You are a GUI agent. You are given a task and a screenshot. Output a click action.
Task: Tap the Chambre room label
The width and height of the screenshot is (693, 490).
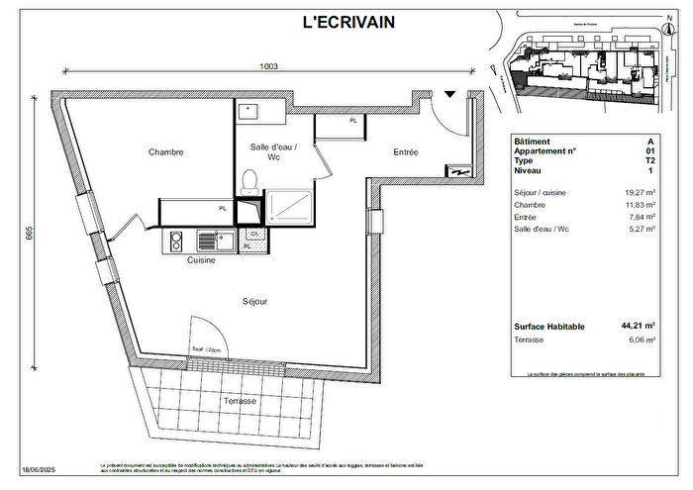click(x=166, y=152)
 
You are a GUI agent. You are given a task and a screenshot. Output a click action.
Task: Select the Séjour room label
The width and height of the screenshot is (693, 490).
click(x=255, y=301)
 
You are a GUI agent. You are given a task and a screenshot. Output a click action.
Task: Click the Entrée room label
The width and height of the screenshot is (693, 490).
click(x=406, y=152)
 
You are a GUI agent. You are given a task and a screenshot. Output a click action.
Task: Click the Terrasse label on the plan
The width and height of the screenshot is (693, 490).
click(x=239, y=401)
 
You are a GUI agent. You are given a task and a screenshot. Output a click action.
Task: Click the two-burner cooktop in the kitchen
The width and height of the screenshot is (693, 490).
click(x=175, y=241)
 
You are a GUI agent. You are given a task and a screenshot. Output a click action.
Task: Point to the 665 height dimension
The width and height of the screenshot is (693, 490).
click(x=30, y=234)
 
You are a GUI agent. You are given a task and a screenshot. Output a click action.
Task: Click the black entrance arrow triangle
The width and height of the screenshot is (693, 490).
click(x=450, y=94)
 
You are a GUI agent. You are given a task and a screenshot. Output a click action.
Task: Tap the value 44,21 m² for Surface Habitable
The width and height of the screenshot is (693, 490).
click(x=635, y=326)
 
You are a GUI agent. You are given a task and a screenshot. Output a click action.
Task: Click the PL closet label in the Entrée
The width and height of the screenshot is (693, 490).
click(x=353, y=121)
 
